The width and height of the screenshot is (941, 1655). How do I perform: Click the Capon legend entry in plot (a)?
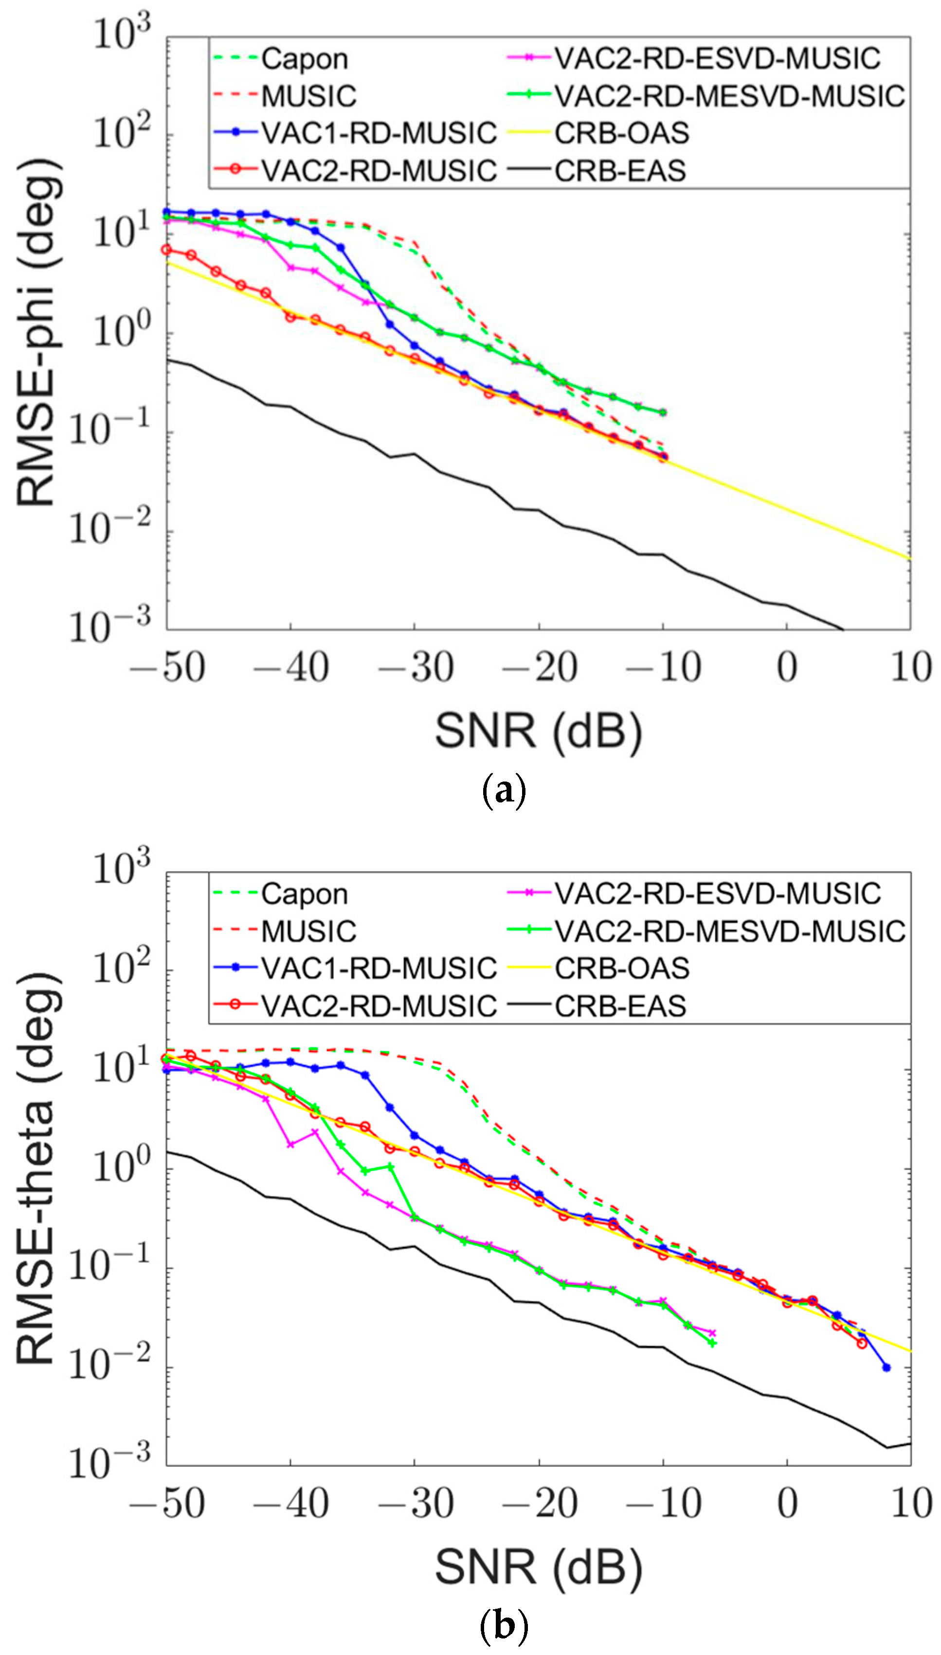click(304, 59)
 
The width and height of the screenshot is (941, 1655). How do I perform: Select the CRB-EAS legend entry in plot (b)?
click(619, 1006)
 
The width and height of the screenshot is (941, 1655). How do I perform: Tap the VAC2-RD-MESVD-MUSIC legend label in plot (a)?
click(729, 96)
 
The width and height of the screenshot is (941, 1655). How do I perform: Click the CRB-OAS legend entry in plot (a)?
click(621, 133)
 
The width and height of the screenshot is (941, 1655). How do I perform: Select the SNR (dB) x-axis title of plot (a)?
click(538, 732)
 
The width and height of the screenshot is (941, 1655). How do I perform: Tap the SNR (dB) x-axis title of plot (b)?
click(538, 1566)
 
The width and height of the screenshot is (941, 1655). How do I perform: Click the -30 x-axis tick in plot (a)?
click(416, 667)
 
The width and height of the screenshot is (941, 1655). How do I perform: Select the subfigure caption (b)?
click(504, 1625)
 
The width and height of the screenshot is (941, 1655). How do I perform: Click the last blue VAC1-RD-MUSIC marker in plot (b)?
click(886, 1367)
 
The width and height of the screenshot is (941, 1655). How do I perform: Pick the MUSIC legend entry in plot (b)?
click(308, 931)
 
